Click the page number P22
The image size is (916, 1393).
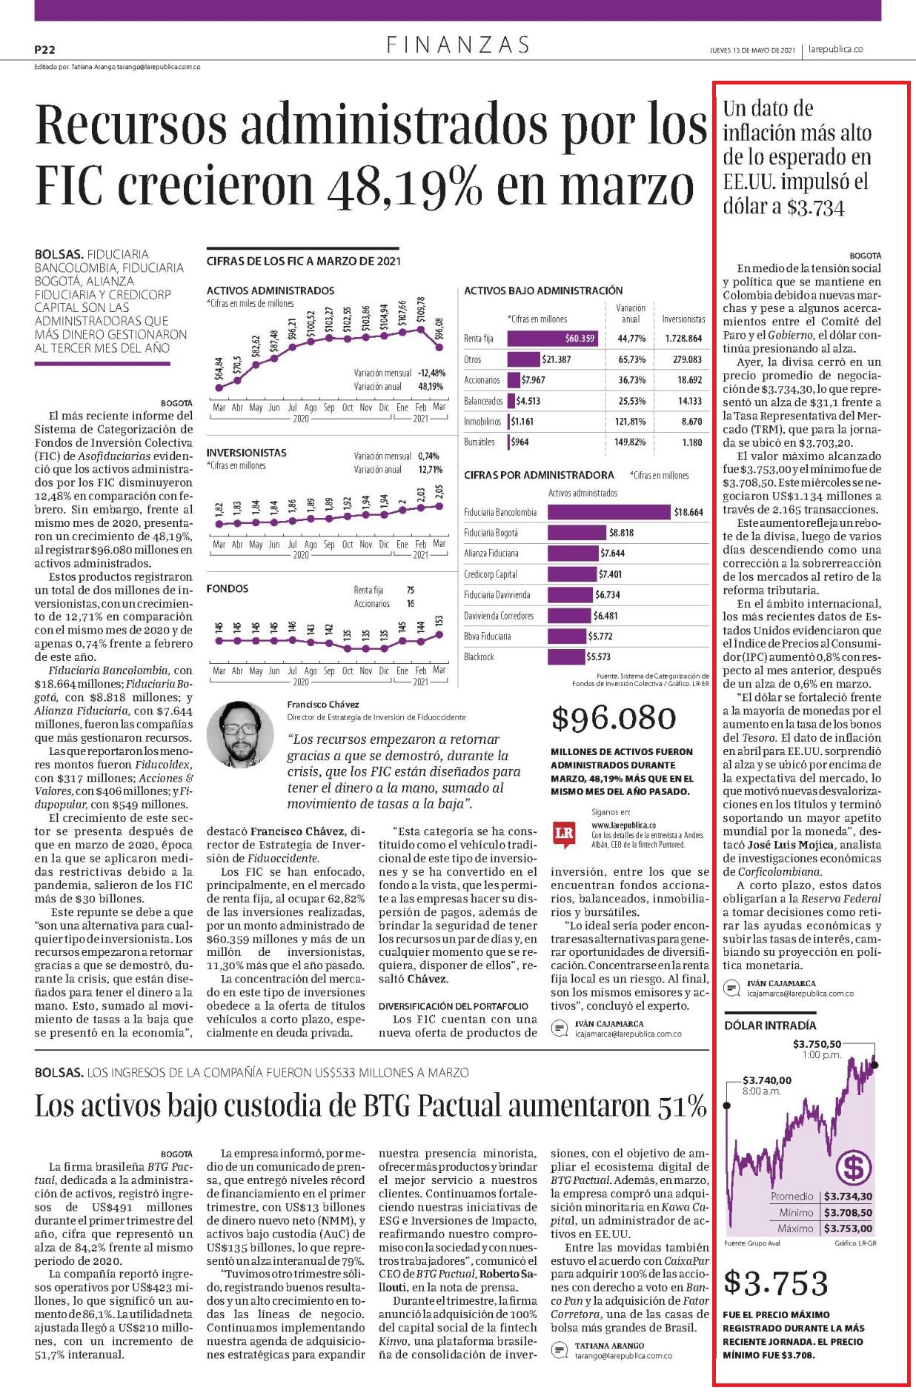click(44, 50)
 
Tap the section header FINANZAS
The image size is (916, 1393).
click(458, 45)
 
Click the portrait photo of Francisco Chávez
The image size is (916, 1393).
click(240, 735)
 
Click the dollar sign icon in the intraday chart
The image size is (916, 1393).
click(852, 1168)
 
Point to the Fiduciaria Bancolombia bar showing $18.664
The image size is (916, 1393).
click(608, 512)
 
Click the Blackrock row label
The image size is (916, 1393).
click(479, 657)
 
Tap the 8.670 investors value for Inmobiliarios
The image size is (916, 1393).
click(691, 422)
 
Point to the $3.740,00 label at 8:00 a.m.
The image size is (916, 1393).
click(767, 1080)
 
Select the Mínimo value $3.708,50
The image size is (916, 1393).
click(848, 1213)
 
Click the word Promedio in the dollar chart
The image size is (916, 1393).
click(791, 1197)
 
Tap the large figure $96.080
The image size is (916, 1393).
click(614, 718)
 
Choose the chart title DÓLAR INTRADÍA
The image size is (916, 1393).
click(769, 1025)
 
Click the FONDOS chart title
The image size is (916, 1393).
click(228, 589)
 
